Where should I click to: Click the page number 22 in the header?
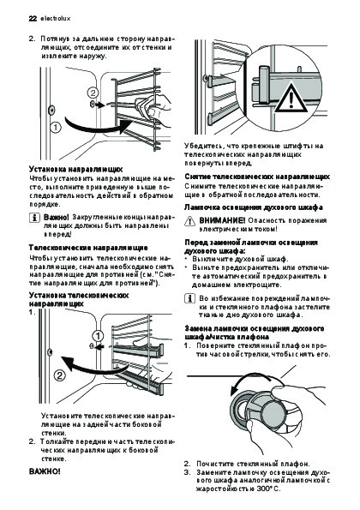[x=33, y=19]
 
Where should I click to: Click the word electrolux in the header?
[x=55, y=19]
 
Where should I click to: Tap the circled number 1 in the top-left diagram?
[x=56, y=127]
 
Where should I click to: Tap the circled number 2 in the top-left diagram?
[x=93, y=93]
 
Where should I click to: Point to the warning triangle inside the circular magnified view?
[x=291, y=98]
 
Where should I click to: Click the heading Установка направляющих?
[x=75, y=170]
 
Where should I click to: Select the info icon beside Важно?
[x=33, y=217]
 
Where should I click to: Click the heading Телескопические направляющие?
[x=88, y=248]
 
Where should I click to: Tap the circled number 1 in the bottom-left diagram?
[x=98, y=336]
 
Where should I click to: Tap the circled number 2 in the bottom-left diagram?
[x=60, y=376]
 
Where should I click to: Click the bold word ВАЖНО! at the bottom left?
[x=45, y=471]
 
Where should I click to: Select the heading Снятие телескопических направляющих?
[x=257, y=177]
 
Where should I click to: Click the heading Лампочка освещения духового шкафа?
[x=254, y=207]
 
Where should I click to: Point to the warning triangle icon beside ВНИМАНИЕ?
[x=189, y=221]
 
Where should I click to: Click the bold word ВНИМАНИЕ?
[x=222, y=220]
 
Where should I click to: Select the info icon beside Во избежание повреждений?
[x=189, y=298]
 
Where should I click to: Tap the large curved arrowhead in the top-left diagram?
[x=126, y=127]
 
